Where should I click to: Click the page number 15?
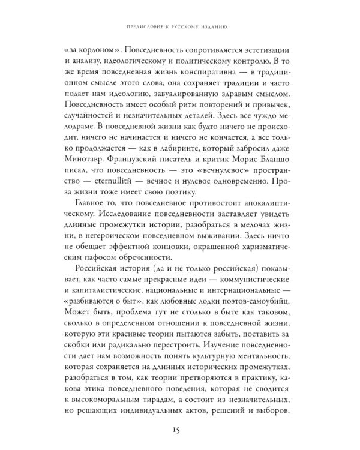[x=180, y=430]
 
